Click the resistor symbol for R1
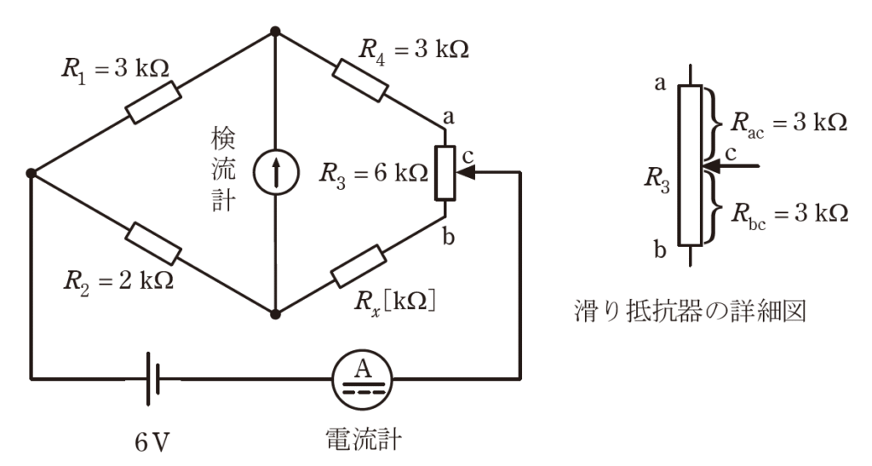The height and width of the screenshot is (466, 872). pos(152,103)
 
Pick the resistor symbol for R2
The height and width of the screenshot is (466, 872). pos(154,243)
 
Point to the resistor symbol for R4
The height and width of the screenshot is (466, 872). pos(360,81)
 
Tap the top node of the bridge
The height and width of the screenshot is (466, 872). pos(275,32)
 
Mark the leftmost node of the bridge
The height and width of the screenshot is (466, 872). pos(31,174)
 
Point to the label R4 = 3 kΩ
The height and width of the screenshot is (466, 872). pos(414,49)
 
